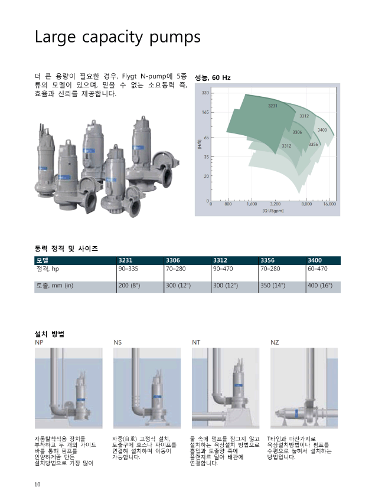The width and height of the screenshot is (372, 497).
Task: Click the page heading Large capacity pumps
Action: click(118, 37)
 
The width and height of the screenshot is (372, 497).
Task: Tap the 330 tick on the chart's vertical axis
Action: click(205, 93)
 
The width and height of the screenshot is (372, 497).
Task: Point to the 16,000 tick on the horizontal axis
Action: click(329, 204)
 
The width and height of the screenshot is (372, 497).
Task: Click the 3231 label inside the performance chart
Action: click(273, 106)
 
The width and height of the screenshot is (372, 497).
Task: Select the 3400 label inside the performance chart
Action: click(322, 130)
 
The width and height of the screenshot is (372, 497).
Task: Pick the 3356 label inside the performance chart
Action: click(313, 144)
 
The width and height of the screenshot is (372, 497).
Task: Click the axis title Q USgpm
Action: click(273, 211)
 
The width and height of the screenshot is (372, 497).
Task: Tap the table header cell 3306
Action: click(173, 260)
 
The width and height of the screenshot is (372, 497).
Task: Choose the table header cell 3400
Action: click(315, 260)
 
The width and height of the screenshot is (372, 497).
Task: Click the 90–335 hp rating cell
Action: click(128, 269)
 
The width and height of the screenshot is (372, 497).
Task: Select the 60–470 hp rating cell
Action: click(318, 269)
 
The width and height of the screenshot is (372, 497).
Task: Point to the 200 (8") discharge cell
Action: click(129, 285)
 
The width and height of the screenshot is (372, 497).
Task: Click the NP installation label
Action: click(39, 342)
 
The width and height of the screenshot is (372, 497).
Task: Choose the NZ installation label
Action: click(275, 342)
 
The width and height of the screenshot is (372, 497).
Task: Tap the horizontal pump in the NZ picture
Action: click(298, 413)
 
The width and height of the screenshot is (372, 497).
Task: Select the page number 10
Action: click(37, 485)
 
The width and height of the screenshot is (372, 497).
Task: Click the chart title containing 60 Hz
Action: click(213, 78)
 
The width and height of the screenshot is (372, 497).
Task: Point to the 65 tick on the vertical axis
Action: click(206, 138)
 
